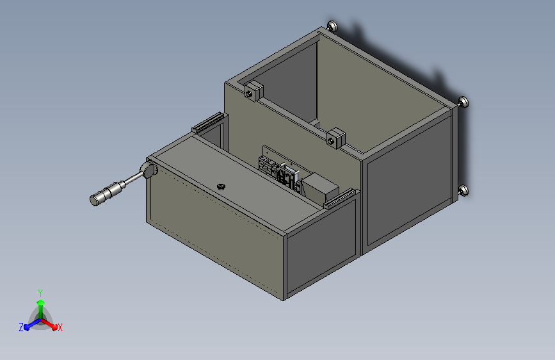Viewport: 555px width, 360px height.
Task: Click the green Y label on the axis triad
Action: (x=40, y=291)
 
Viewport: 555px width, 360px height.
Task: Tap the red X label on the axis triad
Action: (x=60, y=328)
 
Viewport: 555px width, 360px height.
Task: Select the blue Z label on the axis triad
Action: (x=21, y=327)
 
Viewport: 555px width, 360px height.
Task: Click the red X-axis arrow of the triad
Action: (x=52, y=323)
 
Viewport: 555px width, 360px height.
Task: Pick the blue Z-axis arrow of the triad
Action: (x=29, y=324)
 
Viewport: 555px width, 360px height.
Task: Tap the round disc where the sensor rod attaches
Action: (x=149, y=171)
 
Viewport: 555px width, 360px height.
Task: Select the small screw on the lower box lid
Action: (x=221, y=186)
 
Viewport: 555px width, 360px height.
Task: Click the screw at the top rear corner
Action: (x=332, y=26)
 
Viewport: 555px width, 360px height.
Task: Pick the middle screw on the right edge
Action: (x=463, y=101)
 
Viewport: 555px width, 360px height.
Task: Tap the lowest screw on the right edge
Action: (x=463, y=190)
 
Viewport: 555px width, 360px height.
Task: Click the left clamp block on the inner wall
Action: (x=254, y=91)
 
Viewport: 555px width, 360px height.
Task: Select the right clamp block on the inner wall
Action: (x=336, y=137)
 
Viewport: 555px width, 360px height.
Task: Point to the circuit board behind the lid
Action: (x=279, y=169)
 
